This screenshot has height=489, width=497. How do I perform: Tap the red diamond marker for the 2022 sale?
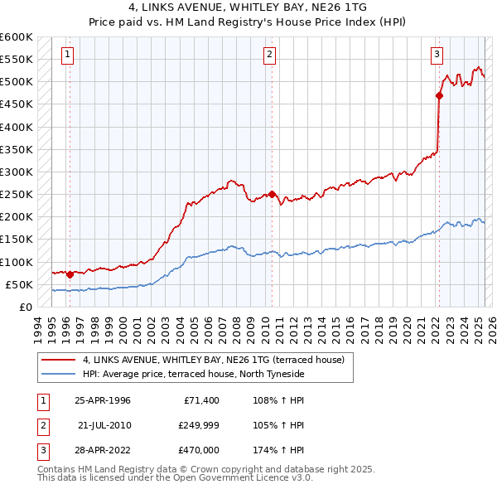coord(439,95)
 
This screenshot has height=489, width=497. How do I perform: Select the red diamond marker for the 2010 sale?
coord(272,195)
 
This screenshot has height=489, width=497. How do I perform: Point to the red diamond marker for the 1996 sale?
coord(70,274)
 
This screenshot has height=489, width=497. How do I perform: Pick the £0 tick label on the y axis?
coord(26,307)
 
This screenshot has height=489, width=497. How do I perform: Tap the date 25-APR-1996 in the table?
coord(103,400)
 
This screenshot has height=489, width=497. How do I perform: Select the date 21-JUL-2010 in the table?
coord(104,425)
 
